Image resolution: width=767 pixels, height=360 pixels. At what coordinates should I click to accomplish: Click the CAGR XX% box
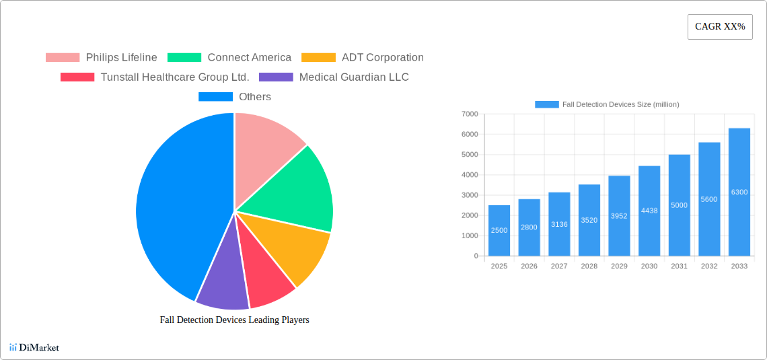720,27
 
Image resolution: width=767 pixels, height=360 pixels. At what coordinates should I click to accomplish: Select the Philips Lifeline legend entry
102,57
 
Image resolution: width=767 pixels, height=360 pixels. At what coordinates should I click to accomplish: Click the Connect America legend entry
229,57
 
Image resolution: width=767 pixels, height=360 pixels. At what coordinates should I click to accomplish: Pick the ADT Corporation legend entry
363,57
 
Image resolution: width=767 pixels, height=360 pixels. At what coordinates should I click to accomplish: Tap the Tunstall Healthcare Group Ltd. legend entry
155,77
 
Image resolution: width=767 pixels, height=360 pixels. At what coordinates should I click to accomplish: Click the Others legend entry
235,96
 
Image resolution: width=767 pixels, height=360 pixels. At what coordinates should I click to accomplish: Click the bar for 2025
499,231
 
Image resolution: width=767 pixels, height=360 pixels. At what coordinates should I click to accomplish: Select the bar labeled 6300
739,192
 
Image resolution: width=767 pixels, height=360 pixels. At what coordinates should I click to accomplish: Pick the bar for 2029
619,216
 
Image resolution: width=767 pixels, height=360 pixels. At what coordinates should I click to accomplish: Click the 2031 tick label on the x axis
679,266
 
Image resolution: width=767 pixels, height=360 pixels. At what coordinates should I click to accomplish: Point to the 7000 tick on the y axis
469,114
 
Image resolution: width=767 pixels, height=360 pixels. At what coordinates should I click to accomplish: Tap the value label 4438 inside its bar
649,211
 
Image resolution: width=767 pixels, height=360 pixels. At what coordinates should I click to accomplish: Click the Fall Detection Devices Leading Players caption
234,320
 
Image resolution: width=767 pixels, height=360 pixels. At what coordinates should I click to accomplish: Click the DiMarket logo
34,347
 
